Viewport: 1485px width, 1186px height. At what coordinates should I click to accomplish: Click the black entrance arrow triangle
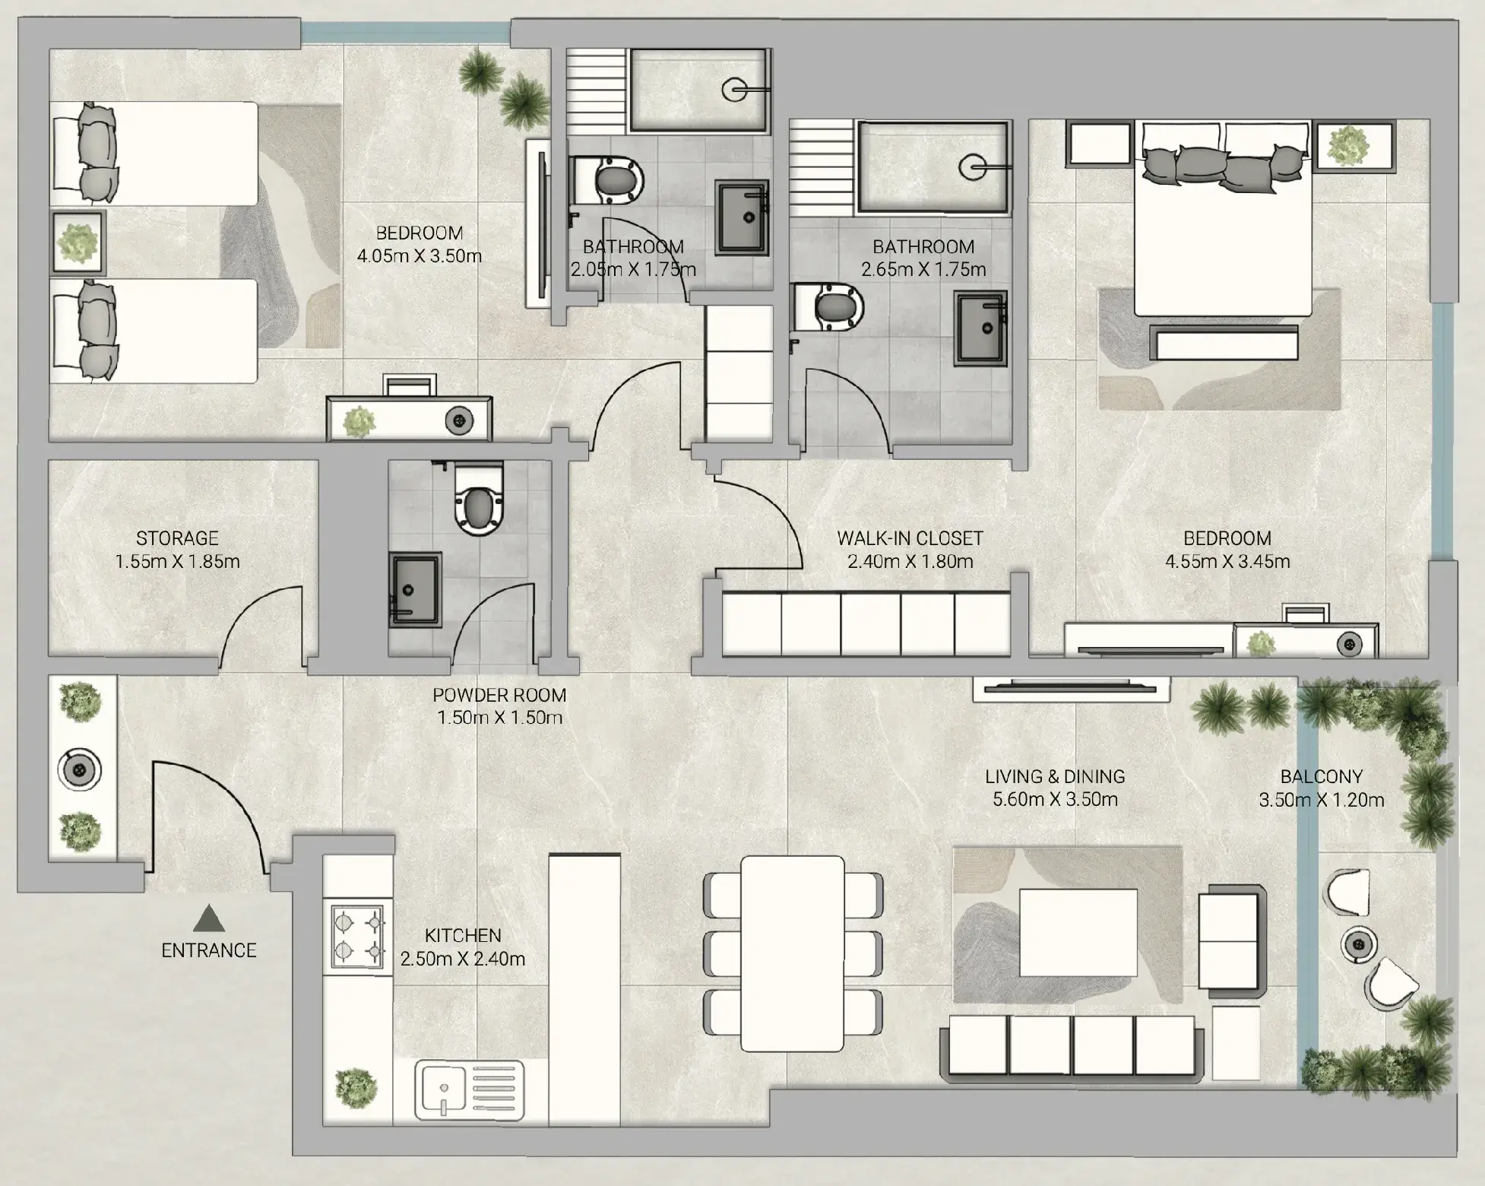tap(209, 918)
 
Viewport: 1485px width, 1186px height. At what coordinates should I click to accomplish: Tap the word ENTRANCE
tap(209, 950)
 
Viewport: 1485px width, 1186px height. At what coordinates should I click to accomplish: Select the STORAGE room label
tap(177, 538)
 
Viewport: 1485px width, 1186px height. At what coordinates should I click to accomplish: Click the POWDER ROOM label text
tap(499, 695)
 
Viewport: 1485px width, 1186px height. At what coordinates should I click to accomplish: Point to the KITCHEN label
tap(463, 935)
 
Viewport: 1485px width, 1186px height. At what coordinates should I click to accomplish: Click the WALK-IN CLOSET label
tap(910, 538)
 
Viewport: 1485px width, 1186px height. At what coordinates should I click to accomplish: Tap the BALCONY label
tap(1322, 776)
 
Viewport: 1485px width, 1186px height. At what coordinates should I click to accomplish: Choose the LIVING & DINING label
tap(1055, 776)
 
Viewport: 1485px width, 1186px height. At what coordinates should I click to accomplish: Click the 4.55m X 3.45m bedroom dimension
tap(1227, 562)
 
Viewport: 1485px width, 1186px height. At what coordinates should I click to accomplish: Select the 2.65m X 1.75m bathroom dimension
tap(923, 269)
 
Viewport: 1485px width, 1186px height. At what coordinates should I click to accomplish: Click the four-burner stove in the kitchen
tap(357, 937)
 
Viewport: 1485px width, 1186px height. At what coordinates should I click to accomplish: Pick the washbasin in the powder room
tap(415, 589)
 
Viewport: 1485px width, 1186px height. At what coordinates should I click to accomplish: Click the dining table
tap(793, 953)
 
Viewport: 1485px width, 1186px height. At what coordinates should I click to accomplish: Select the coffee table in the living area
tap(1078, 933)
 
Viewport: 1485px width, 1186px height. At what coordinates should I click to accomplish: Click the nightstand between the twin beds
tap(78, 243)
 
